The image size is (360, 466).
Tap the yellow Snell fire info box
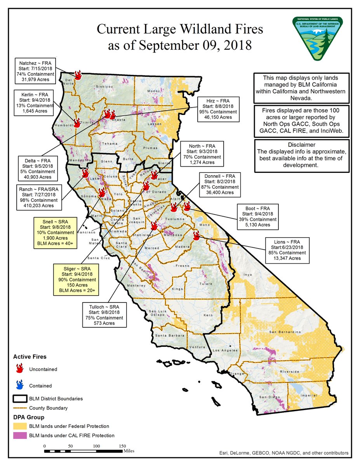57,232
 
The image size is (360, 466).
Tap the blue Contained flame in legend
19,385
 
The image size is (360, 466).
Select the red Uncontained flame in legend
19,369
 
